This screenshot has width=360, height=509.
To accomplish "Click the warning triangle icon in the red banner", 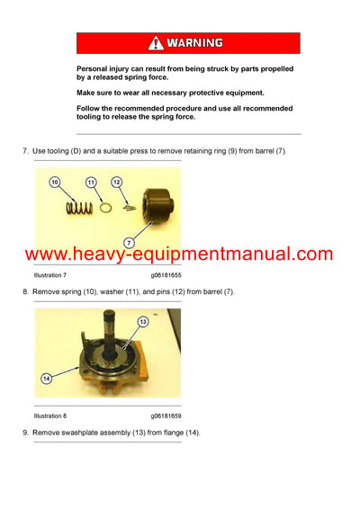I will [156, 42].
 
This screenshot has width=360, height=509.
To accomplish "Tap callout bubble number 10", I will [55, 183].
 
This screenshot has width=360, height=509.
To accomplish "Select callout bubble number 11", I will [91, 183].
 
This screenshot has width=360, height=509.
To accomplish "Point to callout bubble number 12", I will [116, 183].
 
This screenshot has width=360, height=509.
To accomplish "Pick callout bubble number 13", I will [141, 321].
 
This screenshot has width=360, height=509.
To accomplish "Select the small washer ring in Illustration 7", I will [104, 207].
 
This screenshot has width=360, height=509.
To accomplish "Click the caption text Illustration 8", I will [49, 415].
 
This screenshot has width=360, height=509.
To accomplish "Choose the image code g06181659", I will [166, 415].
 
